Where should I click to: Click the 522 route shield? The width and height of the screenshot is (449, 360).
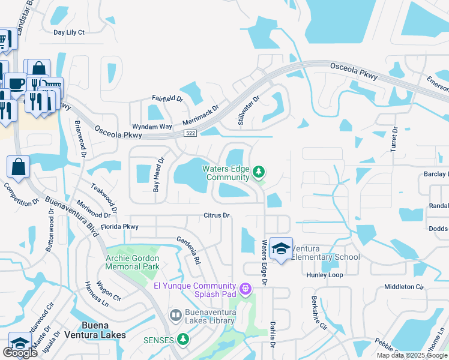191,133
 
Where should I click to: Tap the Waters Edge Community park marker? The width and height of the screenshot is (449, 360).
259,172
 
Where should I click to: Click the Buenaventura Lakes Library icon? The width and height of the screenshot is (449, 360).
176,315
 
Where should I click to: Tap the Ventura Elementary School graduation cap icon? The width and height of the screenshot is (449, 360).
280,248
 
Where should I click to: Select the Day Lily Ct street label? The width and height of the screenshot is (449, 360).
69,32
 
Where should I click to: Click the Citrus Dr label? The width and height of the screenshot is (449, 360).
217,215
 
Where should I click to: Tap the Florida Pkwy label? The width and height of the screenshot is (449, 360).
119,227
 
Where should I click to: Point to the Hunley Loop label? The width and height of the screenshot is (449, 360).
324,274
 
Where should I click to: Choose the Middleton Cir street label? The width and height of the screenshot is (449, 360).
404,287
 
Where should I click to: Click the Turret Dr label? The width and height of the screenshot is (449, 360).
394,140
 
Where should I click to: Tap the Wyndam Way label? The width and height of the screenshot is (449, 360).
152,127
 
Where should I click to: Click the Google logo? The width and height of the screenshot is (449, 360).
20,353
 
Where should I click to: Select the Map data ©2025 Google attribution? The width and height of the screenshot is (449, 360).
412,355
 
